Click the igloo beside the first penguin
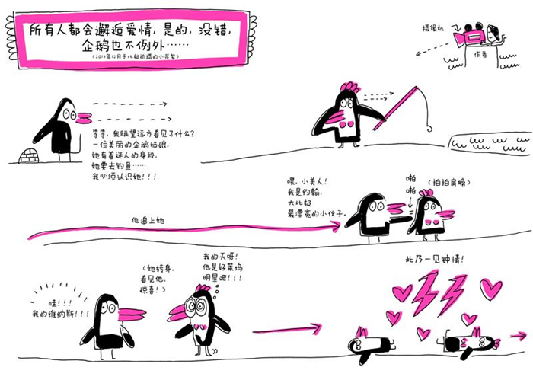29,155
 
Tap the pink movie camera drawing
469,36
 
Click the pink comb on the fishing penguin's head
350,86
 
